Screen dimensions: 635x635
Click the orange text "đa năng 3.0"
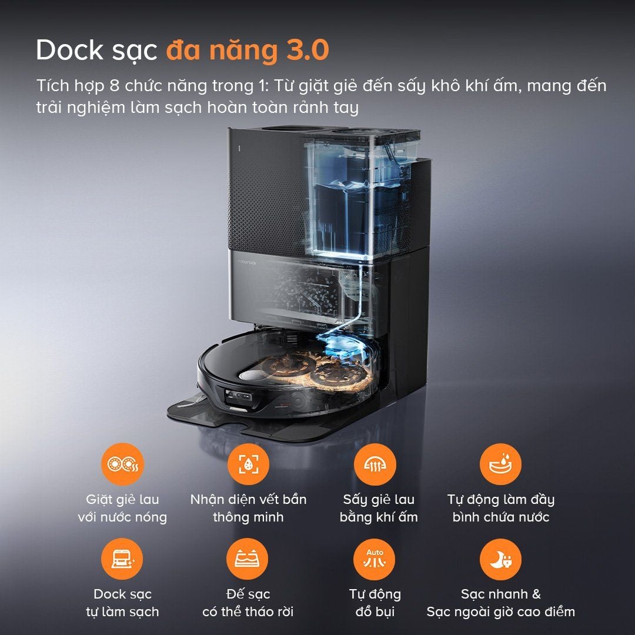pyautogui.click(x=247, y=51)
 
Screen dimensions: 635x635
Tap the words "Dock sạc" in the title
pyautogui.click(x=96, y=51)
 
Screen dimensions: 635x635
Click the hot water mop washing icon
pyautogui.click(x=122, y=464)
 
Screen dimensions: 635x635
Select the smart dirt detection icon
pyautogui.click(x=248, y=464)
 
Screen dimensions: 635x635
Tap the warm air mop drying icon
pyautogui.click(x=375, y=464)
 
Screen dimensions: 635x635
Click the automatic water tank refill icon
pyautogui.click(x=500, y=464)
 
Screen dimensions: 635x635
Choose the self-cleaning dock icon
pyautogui.click(x=122, y=559)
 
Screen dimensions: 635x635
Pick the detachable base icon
pyautogui.click(x=248, y=559)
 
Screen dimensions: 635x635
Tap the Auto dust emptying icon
pyautogui.click(x=375, y=559)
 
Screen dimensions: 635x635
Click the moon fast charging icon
pyautogui.click(x=500, y=559)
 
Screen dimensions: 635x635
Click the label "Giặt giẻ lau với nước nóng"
pyautogui.click(x=122, y=509)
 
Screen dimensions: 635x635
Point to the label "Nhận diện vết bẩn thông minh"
pyautogui.click(x=248, y=509)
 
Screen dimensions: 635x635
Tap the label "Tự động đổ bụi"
pyautogui.click(x=375, y=603)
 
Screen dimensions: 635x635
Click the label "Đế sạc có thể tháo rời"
pyautogui.click(x=248, y=603)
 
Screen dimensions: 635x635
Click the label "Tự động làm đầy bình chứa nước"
pyautogui.click(x=500, y=509)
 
